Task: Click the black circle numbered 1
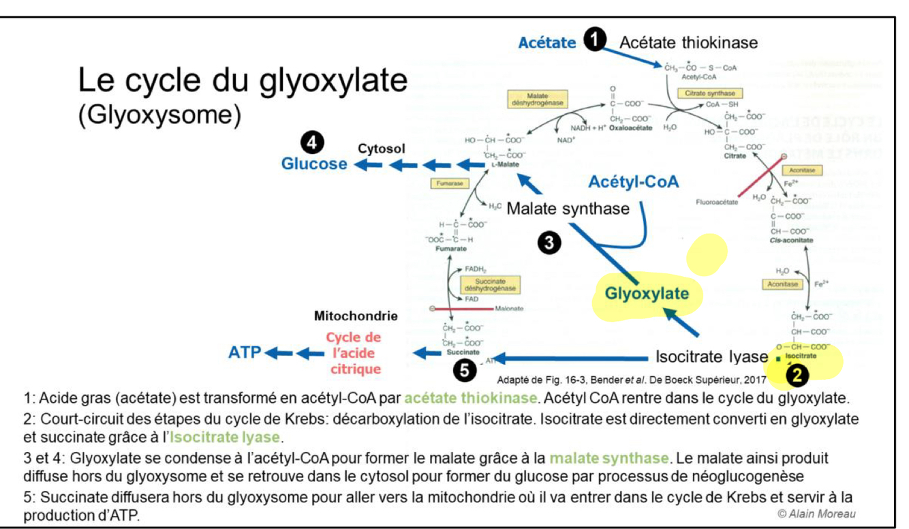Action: [x=596, y=42]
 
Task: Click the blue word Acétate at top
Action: [x=547, y=42]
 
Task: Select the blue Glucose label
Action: [x=314, y=164]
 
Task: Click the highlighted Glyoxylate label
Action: [x=647, y=293]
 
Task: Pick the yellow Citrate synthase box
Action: [x=709, y=93]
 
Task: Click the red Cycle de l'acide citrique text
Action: [x=353, y=352]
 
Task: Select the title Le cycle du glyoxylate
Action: [x=243, y=81]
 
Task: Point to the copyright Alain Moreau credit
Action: [x=817, y=513]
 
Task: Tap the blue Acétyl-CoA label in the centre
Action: [x=634, y=182]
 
